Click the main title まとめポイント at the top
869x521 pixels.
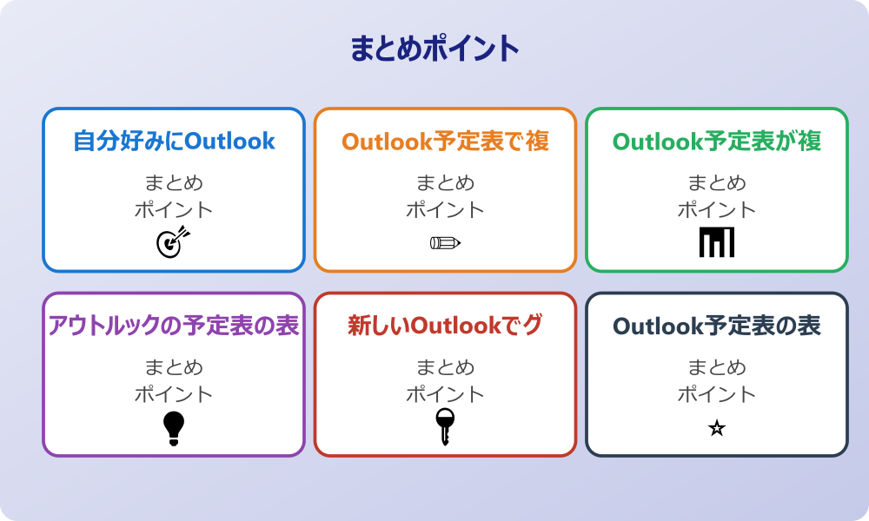point(434,49)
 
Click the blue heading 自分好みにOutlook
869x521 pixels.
point(174,141)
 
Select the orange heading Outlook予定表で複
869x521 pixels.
point(445,141)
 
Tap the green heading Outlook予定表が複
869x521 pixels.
point(717,141)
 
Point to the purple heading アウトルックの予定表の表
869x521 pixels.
point(174,326)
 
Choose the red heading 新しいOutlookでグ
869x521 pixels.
point(445,326)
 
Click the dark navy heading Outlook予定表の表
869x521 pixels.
point(717,326)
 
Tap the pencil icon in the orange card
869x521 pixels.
point(445,242)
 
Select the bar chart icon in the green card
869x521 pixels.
point(717,242)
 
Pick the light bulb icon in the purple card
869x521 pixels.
point(174,427)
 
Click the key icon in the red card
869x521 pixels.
point(445,426)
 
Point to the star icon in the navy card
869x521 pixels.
point(717,428)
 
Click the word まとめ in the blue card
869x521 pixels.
point(174,183)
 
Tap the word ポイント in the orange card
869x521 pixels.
point(445,210)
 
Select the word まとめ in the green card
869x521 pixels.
point(717,183)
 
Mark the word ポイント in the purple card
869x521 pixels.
point(174,395)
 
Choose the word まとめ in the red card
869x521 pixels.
point(445,368)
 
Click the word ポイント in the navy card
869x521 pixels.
point(717,395)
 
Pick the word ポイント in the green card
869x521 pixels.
point(717,210)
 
